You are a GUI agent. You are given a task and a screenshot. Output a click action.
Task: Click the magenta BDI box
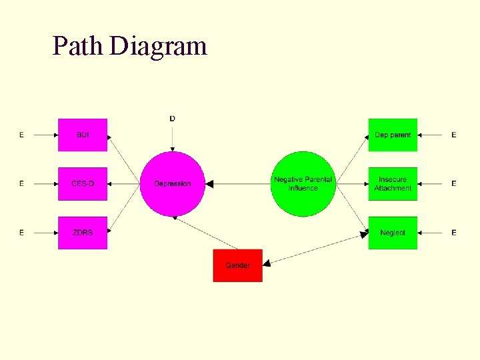[x=83, y=135]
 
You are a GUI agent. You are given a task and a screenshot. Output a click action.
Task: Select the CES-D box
[x=83, y=183]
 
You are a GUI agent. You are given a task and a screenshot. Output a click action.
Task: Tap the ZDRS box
[x=83, y=233]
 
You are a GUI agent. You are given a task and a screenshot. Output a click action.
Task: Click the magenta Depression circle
[x=172, y=183]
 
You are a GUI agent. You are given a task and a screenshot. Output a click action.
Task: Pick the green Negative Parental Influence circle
[x=303, y=183]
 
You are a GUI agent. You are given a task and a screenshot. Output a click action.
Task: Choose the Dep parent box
[x=393, y=135]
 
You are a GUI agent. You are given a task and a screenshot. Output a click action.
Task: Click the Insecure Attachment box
[x=393, y=183]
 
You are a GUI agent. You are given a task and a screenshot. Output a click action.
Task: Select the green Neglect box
[x=393, y=233]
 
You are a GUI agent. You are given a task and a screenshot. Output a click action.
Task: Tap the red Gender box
[x=237, y=265]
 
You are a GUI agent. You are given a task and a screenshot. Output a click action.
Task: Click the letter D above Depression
[x=172, y=119]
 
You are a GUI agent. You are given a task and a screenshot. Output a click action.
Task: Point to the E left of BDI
[x=21, y=135]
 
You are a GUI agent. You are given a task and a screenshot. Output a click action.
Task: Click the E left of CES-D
[x=21, y=183]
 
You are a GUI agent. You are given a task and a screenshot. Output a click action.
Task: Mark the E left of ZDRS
[x=21, y=233]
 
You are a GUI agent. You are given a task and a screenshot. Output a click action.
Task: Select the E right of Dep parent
[x=454, y=135]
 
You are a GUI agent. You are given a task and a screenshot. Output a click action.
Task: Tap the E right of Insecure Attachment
[x=454, y=183]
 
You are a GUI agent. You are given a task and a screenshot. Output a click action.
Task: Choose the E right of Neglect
[x=454, y=233]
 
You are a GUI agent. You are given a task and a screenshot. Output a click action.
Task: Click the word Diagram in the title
[x=159, y=47]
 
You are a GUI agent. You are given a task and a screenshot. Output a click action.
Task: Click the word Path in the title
[x=77, y=47]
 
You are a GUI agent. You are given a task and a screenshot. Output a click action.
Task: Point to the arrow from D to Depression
[x=172, y=137]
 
